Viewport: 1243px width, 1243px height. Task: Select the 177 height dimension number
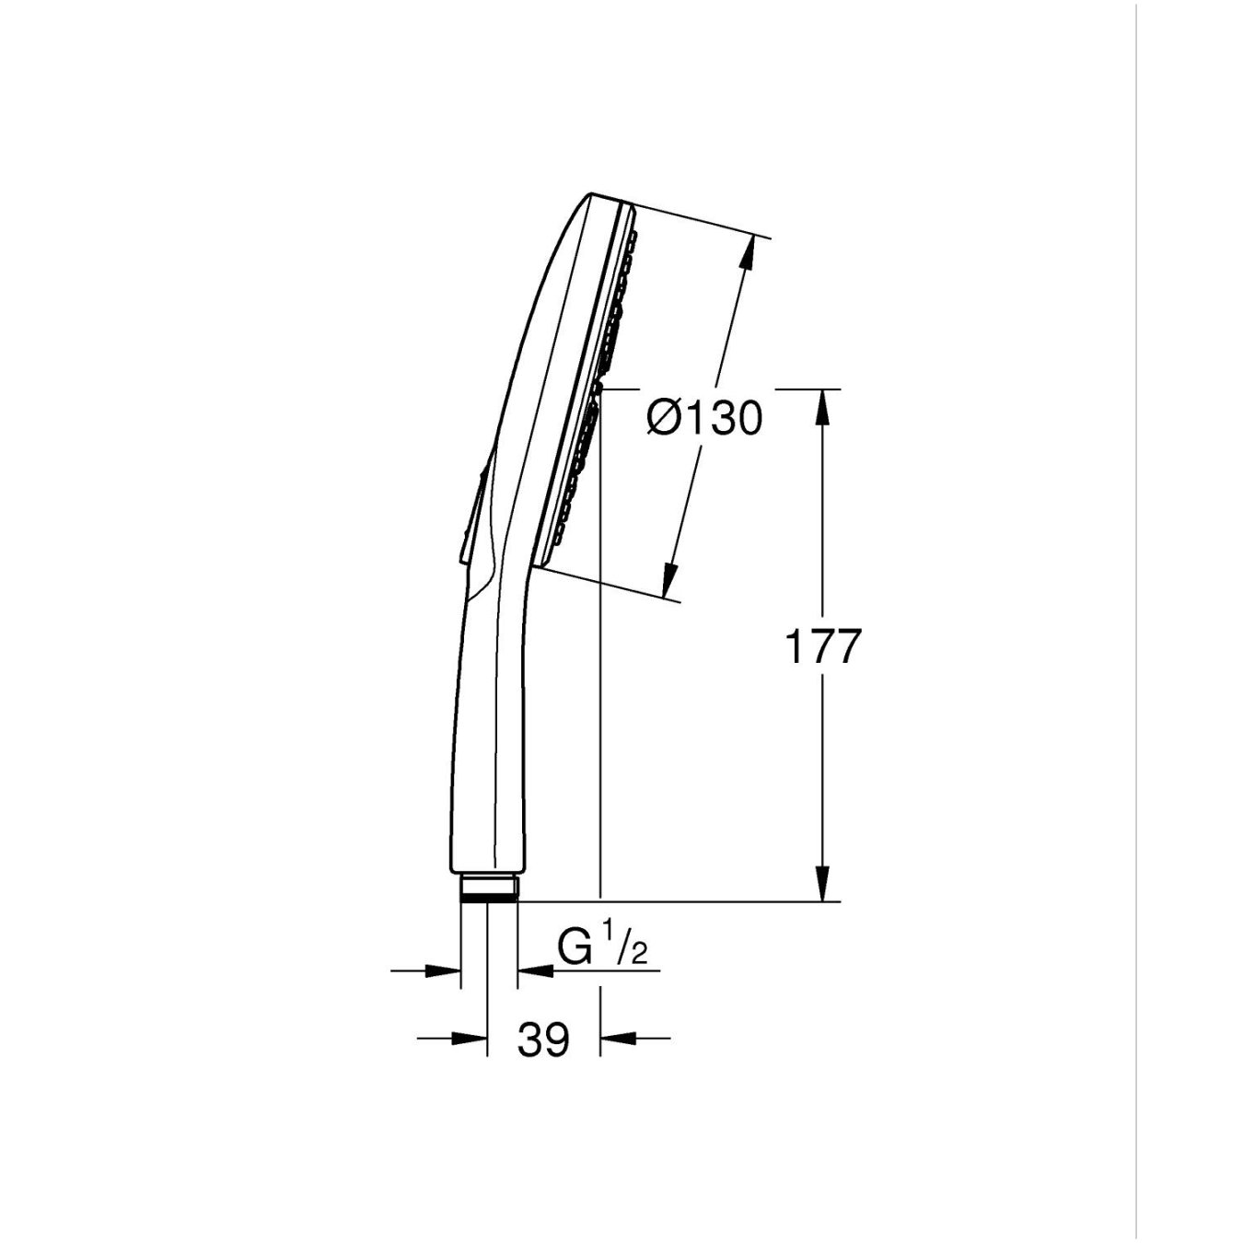coord(821,646)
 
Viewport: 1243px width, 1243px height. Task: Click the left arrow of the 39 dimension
coord(469,1039)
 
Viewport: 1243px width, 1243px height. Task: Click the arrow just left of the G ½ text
coord(535,970)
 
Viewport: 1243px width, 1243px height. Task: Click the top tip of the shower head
coord(591,195)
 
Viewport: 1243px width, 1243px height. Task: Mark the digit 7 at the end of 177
coord(844,646)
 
